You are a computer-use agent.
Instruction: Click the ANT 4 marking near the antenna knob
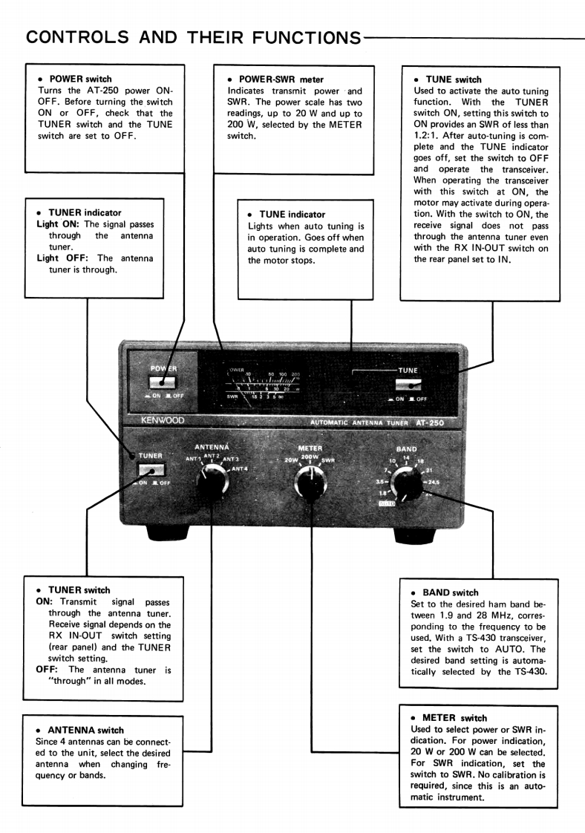tap(240, 468)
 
